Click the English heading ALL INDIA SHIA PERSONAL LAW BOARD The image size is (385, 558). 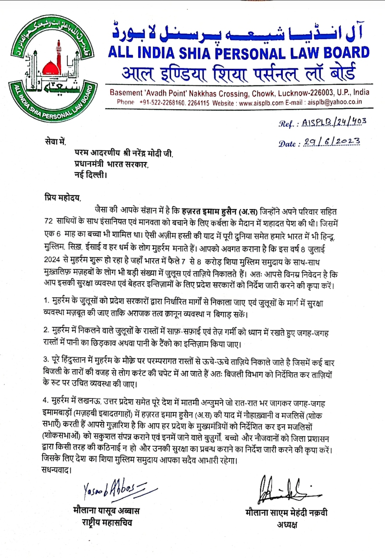239,53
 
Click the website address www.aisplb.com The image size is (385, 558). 261,103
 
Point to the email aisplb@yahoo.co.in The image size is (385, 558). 335,102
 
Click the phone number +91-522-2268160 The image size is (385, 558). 162,103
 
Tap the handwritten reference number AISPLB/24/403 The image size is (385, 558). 334,122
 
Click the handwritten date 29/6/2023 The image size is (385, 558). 332,142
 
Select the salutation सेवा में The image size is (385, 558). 55,141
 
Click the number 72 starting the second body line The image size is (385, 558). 48,221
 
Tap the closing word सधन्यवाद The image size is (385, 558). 56,470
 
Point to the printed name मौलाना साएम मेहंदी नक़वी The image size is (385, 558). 287,512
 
